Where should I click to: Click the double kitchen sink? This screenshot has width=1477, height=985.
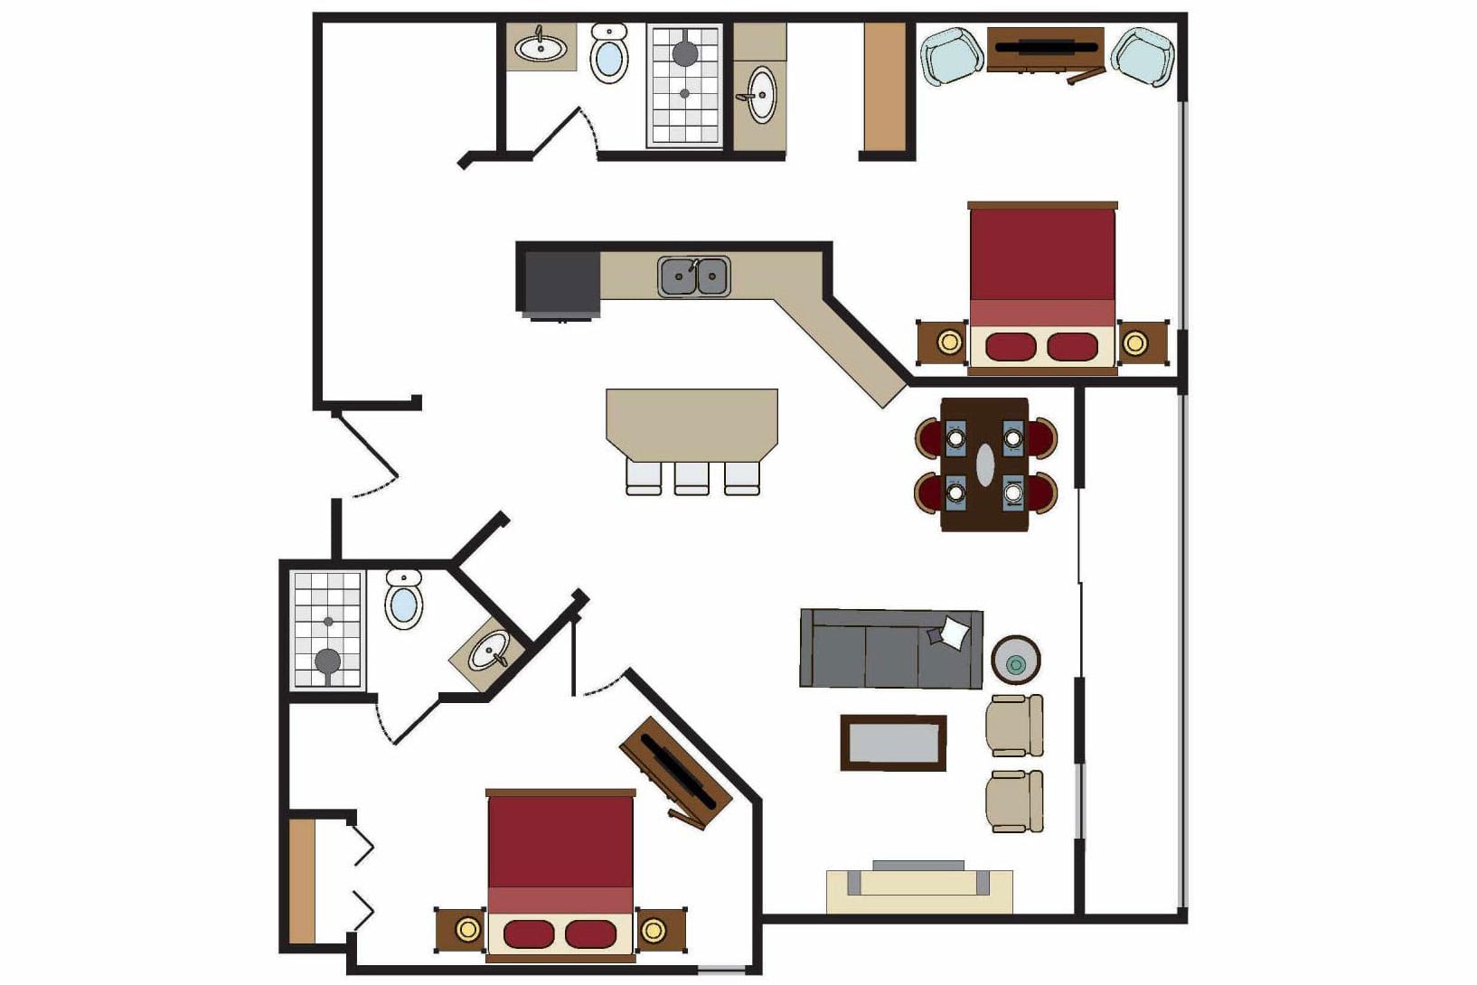(694, 277)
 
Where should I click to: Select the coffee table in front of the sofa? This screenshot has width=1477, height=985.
(893, 743)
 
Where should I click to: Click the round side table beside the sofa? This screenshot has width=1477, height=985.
(1016, 661)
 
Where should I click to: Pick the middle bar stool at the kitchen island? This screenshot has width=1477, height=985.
(691, 477)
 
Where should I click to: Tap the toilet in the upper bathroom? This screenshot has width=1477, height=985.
(609, 54)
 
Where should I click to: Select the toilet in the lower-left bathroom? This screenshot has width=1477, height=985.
(404, 599)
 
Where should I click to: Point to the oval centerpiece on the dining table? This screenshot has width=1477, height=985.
(985, 464)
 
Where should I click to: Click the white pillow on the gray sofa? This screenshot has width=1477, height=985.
(953, 632)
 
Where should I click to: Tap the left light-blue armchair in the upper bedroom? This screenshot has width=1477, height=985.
(952, 56)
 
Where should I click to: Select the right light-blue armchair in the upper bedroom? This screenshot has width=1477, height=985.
(1143, 56)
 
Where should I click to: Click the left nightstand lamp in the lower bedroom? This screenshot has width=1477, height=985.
(467, 929)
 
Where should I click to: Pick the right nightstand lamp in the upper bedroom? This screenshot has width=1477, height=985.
(1134, 342)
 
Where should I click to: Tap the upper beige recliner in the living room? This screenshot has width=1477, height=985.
(1014, 725)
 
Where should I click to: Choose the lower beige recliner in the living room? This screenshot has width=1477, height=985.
(1014, 801)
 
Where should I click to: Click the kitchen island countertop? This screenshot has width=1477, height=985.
(691, 423)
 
